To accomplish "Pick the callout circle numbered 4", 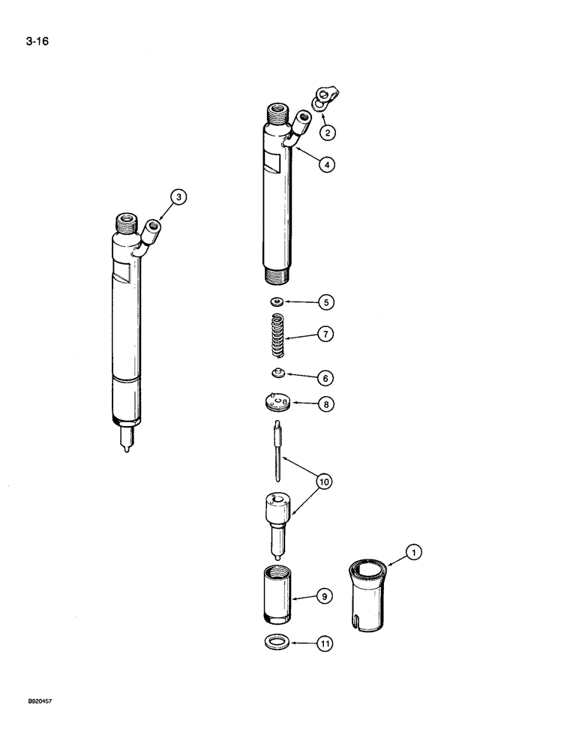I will pos(325,163).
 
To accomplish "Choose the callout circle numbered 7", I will pos(325,334).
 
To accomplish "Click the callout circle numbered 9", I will pos(324,598).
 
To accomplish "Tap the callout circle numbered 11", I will pos(325,643).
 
